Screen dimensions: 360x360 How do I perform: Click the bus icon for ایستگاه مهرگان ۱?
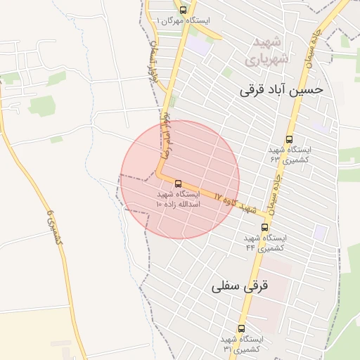[184, 10]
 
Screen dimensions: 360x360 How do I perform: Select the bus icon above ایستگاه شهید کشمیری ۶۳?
[290, 139]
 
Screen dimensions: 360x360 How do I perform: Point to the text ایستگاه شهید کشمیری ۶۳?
[290, 155]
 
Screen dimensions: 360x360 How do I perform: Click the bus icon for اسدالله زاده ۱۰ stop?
[177, 184]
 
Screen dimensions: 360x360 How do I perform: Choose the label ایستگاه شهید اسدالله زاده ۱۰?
[178, 198]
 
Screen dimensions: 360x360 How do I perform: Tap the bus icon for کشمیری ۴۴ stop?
[264, 227]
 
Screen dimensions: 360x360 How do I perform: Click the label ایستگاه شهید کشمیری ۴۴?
[264, 243]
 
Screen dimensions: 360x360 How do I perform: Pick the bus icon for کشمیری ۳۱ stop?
[242, 328]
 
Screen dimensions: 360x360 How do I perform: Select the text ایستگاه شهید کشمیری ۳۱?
[242, 344]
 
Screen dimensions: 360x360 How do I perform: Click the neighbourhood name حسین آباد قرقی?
[281, 90]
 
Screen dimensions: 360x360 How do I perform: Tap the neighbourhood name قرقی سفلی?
[238, 287]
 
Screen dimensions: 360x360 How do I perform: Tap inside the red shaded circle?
[204, 162]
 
